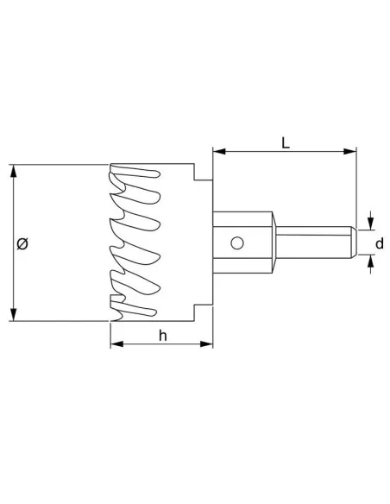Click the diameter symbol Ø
coord(22,244)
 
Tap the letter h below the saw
coord(162,336)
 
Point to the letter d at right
coord(379,244)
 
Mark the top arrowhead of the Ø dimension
coord(14,169)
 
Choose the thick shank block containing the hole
coord(242,243)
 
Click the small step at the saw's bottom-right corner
coord(204,312)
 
